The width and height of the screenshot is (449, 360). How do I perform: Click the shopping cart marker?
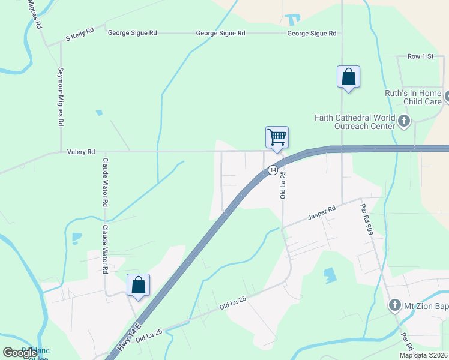point(277,137)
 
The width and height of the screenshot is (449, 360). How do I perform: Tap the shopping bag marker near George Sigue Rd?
point(348,77)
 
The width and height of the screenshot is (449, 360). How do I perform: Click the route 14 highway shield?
point(273,170)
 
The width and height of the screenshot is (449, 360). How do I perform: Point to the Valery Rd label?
point(81,152)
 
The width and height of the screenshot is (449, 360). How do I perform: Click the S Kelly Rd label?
point(80,37)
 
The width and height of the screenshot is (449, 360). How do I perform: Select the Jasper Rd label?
point(322,212)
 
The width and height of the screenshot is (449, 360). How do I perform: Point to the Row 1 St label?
point(420,56)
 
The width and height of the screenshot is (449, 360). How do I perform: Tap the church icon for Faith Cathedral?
point(403,122)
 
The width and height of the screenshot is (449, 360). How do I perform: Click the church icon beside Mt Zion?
point(395,305)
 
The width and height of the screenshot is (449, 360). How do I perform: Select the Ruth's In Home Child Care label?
point(414,97)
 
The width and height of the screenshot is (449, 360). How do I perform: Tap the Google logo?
point(20,353)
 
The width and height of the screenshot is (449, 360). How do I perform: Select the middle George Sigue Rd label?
point(220,34)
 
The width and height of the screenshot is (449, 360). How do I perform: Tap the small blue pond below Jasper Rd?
point(330,275)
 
